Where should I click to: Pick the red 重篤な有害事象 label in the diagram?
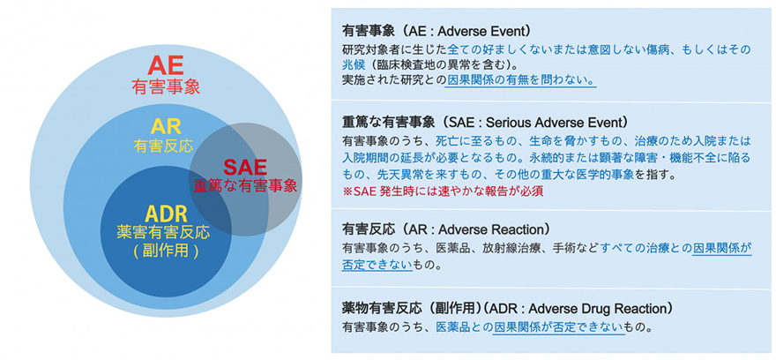tap(246, 186)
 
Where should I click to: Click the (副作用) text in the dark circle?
tap(164, 251)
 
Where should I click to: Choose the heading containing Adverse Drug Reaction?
tap(508, 308)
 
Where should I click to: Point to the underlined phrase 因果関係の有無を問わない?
tap(520, 80)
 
